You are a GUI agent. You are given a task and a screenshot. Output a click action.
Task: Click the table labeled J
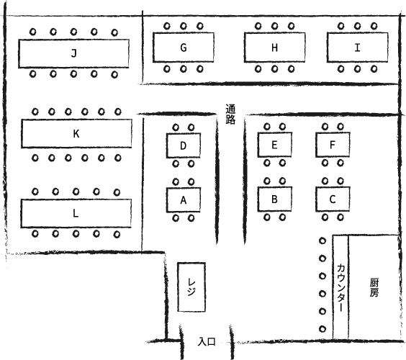point(73,53)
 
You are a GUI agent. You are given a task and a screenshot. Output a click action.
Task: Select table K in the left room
point(76,134)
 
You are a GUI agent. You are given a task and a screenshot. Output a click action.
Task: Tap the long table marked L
point(76,214)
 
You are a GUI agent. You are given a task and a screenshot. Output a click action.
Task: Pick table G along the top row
point(184,48)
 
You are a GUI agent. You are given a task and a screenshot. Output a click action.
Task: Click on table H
point(274,48)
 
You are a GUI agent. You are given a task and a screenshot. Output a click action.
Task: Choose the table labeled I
point(357,48)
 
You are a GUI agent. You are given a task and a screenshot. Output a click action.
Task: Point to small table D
point(184,145)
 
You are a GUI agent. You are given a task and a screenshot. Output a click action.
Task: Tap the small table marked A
point(184,199)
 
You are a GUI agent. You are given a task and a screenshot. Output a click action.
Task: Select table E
point(275,145)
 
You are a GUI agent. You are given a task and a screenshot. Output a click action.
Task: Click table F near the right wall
point(333,145)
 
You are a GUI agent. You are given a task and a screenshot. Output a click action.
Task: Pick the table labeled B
point(275,199)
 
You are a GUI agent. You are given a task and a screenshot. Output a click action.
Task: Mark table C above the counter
point(333,199)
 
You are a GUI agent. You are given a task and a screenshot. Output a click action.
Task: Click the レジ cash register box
point(191,287)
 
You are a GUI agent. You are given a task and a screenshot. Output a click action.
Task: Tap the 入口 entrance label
point(207,342)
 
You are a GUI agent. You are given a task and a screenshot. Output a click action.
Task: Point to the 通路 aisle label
point(230,114)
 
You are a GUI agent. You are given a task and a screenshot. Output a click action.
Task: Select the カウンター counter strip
point(340,287)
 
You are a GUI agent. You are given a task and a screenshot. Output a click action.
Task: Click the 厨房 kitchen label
point(374,287)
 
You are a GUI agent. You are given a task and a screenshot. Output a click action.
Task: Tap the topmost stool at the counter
point(322,241)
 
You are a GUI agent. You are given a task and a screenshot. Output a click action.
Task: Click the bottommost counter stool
point(322,329)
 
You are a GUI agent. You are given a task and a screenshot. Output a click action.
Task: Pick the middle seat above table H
point(275,26)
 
